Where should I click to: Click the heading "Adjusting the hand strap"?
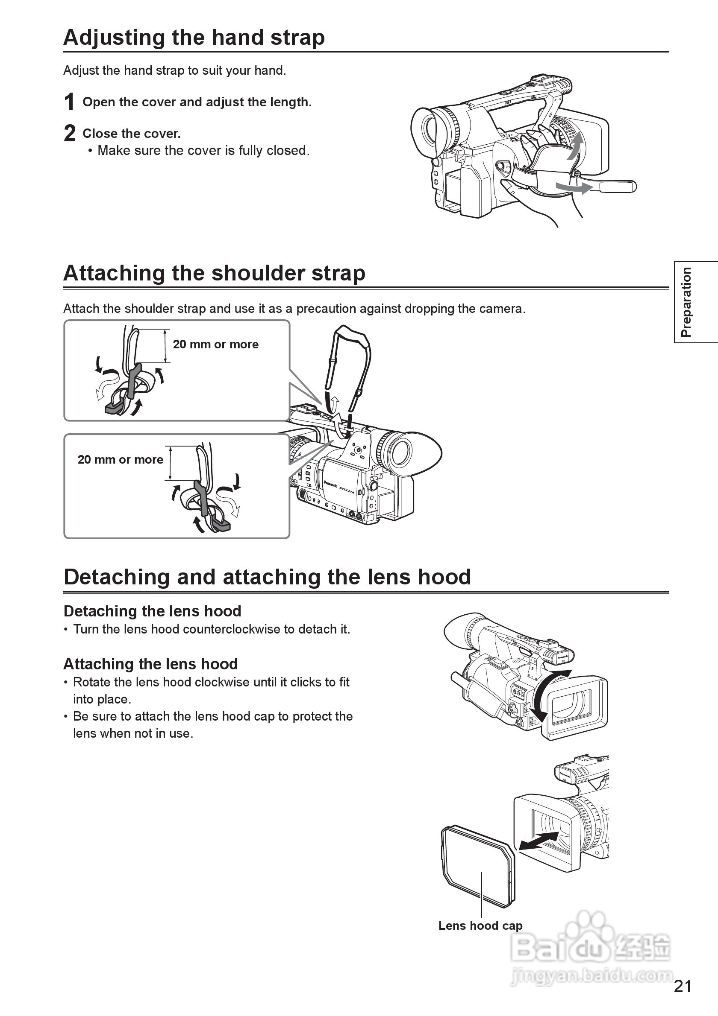pyautogui.click(x=194, y=38)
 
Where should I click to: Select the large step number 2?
pyautogui.click(x=70, y=133)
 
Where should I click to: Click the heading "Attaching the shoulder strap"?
pyautogui.click(x=215, y=273)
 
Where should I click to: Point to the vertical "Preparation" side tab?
pyautogui.click(x=686, y=302)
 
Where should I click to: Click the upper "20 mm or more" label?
pyautogui.click(x=216, y=344)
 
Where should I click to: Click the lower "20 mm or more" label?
pyautogui.click(x=121, y=460)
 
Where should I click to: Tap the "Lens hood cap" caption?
pyautogui.click(x=480, y=926)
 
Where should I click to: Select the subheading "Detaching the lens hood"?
pyautogui.click(x=153, y=611)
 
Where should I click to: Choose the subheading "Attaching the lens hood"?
pyautogui.click(x=150, y=664)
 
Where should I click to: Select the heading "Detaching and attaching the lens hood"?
pyautogui.click(x=267, y=577)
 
